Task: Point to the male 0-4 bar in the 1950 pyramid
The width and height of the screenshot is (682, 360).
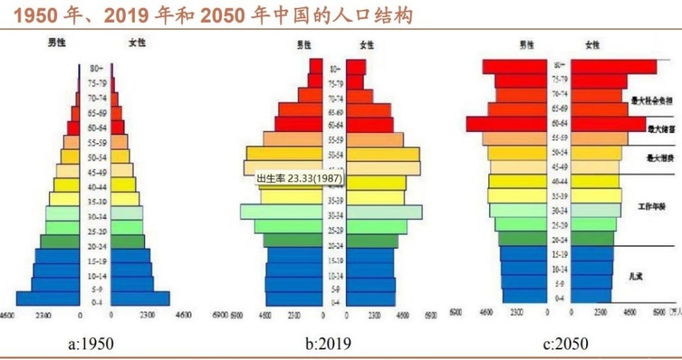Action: [48, 299]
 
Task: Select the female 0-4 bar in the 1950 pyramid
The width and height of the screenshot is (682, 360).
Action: [140, 299]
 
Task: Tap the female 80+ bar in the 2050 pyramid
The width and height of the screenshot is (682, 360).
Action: [614, 66]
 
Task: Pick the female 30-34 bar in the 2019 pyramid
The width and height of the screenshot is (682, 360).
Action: [384, 212]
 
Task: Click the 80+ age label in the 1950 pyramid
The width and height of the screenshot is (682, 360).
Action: [96, 68]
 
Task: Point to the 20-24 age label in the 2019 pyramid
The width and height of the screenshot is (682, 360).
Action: [335, 246]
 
